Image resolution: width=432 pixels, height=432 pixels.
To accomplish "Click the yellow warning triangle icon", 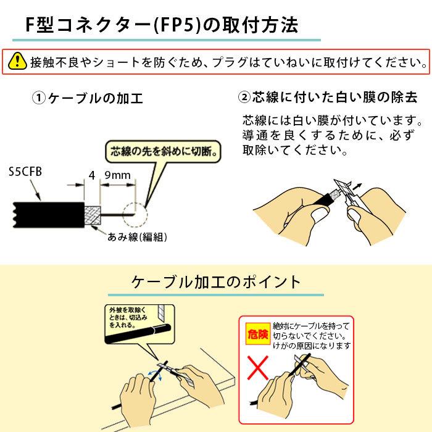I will [19, 62].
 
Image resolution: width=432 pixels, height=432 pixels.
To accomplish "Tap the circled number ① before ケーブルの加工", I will [39, 98].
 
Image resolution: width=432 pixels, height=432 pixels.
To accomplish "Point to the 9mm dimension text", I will [118, 175].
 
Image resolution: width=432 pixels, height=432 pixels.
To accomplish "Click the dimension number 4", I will [91, 175].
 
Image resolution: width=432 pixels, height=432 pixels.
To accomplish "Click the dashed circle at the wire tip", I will [135, 215].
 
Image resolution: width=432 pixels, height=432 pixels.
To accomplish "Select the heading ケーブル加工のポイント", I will [216, 282].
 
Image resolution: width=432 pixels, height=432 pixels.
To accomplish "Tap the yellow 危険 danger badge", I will [258, 334].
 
